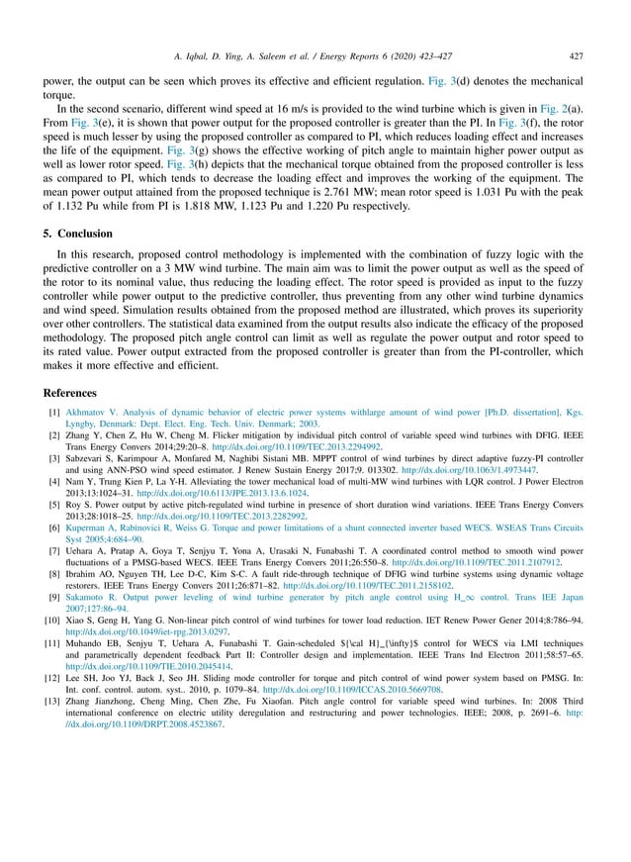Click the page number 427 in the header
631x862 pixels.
pos(576,29)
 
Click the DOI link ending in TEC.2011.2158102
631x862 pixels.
pos(367,584)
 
